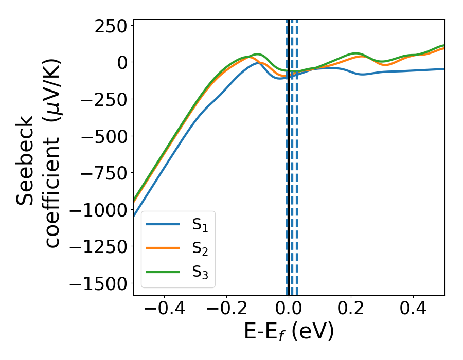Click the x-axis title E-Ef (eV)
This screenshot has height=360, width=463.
(289, 332)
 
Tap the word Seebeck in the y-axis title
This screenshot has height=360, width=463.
(26, 160)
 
